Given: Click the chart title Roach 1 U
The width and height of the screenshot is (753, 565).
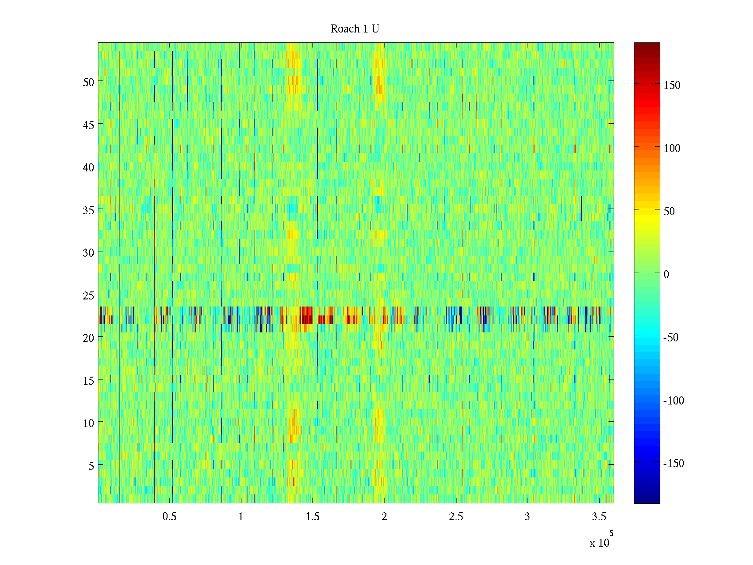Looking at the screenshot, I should [x=355, y=29].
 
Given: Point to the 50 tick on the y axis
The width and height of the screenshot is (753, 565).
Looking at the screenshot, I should [x=88, y=82].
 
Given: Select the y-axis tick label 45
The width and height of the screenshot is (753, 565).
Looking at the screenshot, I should [x=88, y=125].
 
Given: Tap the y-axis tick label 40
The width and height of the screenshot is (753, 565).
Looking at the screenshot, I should [x=88, y=167].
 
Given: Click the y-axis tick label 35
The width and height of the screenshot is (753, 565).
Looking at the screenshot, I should [x=88, y=210].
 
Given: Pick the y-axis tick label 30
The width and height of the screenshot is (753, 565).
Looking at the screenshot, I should [x=88, y=252].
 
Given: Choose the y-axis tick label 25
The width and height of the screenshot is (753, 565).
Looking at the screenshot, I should [x=88, y=295].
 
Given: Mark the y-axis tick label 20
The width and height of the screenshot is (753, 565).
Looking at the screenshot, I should [x=88, y=338].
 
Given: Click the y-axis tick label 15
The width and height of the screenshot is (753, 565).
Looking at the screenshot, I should [x=88, y=380].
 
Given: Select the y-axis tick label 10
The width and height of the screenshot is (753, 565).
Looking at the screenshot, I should [x=88, y=423].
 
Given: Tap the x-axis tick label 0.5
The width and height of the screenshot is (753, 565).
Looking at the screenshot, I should [x=169, y=517].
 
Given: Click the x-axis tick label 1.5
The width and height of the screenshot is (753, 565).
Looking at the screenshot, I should [x=312, y=517].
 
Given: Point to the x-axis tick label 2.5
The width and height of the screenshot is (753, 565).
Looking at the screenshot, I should [x=456, y=517].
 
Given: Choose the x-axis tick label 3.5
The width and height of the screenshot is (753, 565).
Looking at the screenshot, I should [x=599, y=517].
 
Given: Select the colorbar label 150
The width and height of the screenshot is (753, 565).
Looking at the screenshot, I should [x=672, y=85].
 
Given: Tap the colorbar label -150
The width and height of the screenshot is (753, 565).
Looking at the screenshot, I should [x=673, y=463].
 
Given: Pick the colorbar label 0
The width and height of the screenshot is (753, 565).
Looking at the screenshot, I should [x=666, y=274].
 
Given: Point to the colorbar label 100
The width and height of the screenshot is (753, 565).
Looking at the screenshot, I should [x=672, y=148].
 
